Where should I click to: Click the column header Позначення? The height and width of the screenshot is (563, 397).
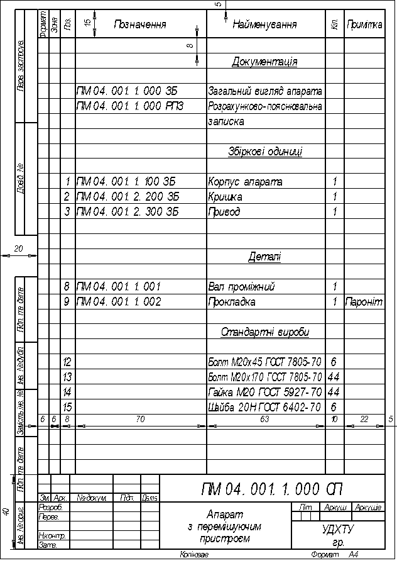[x=139, y=25]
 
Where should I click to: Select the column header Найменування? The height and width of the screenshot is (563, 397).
[x=264, y=25]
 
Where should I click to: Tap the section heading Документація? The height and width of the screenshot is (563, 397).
[x=264, y=62]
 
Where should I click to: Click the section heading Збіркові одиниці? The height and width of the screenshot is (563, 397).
[x=265, y=152]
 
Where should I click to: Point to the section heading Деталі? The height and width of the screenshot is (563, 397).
[x=265, y=257]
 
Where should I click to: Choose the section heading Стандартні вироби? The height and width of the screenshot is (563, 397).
[x=265, y=332]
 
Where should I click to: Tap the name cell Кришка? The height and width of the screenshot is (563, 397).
[x=224, y=197]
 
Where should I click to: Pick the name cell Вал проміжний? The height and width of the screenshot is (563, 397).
[x=241, y=287]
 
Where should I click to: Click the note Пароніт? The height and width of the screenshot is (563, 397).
[x=364, y=302]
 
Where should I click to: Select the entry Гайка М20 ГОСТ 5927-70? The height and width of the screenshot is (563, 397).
[x=264, y=393]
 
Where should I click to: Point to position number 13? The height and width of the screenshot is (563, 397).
[x=67, y=377]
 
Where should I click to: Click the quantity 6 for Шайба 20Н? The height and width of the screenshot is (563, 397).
[x=334, y=408]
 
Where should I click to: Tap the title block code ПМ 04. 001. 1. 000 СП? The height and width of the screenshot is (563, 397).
[x=272, y=489]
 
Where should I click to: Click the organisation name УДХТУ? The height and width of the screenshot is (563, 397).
[x=337, y=530]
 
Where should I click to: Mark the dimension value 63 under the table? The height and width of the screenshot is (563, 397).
[x=264, y=418]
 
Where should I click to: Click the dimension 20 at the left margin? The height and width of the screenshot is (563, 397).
[x=19, y=249]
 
